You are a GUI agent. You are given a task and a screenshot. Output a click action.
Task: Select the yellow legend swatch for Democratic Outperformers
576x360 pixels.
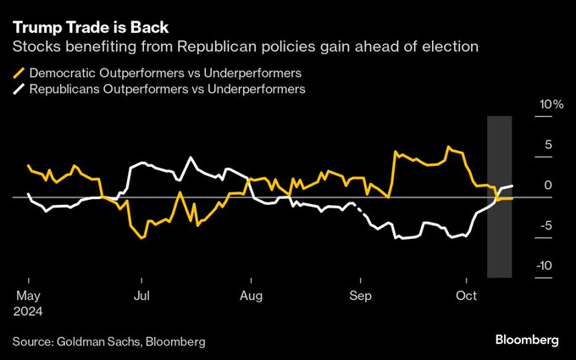[19, 74]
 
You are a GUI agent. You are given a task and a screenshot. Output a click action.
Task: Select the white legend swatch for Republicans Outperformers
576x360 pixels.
[19, 88]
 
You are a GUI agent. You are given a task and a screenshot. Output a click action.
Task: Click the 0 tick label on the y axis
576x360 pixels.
[547, 186]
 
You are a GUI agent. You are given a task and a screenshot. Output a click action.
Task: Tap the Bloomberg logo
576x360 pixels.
[527, 340]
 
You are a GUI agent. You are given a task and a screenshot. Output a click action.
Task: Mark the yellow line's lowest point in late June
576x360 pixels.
[141, 238]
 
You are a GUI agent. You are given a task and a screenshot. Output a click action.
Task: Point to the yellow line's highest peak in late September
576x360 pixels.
[448, 147]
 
